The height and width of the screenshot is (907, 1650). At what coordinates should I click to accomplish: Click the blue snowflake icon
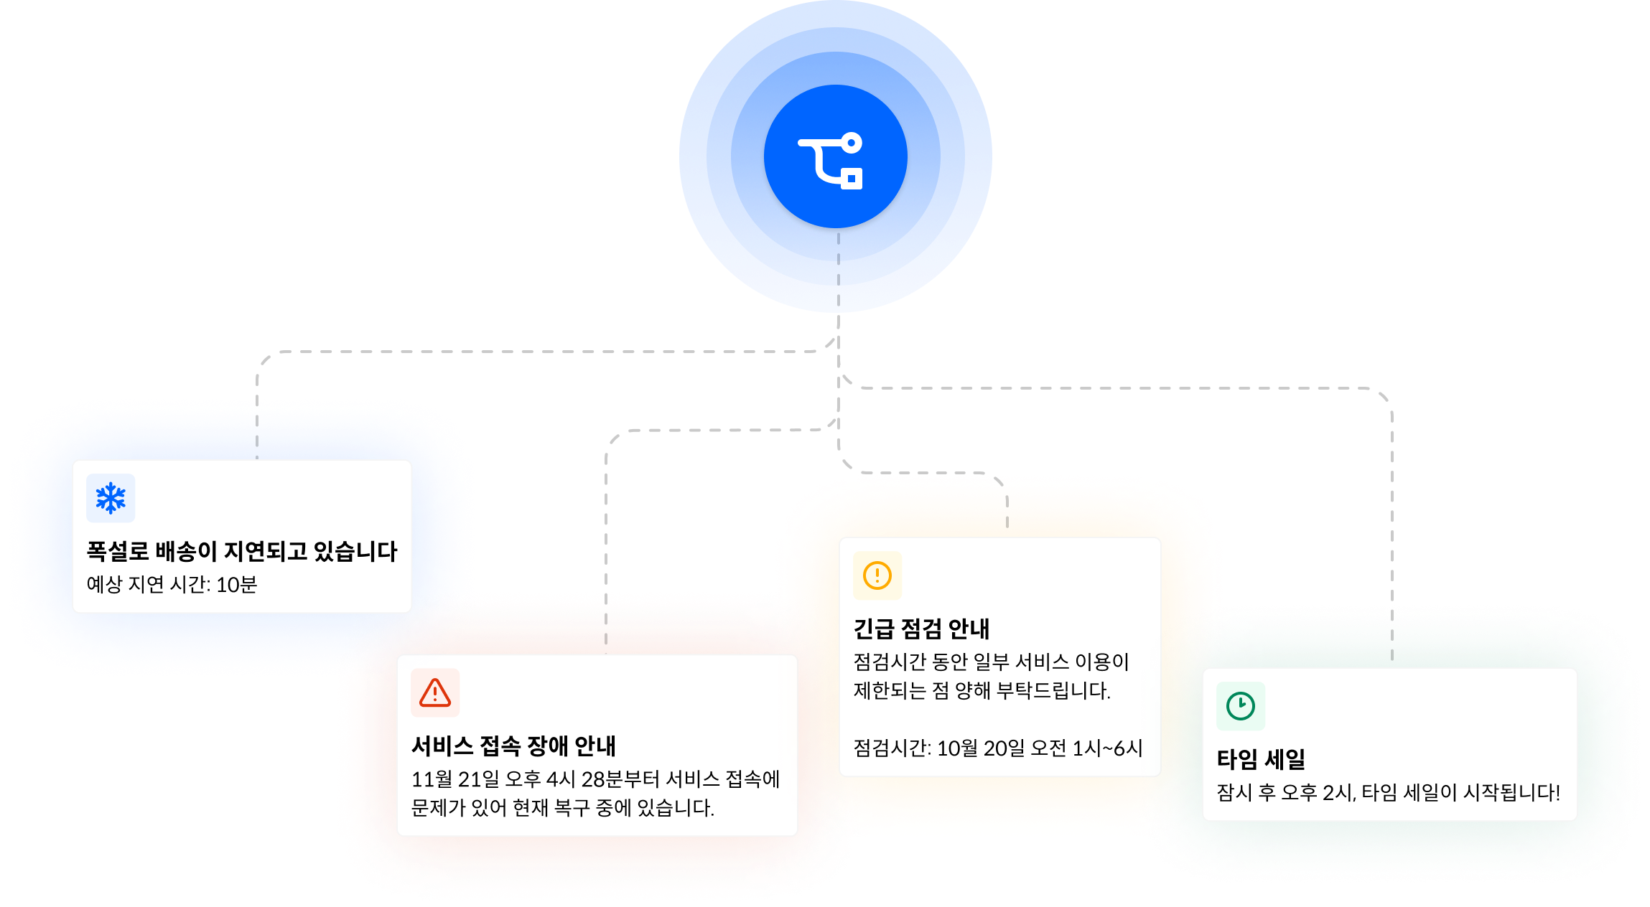111,498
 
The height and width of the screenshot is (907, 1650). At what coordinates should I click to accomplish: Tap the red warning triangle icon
435,693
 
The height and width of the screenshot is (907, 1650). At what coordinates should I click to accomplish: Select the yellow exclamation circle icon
877,575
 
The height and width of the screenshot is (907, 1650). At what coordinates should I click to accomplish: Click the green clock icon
1241,706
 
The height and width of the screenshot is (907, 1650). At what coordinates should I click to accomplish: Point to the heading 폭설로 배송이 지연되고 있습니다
242,551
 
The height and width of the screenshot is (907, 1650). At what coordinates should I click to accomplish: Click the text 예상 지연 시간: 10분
172,585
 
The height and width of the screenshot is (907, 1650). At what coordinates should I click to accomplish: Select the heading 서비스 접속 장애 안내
513,746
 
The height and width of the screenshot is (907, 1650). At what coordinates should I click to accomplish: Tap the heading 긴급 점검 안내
921,629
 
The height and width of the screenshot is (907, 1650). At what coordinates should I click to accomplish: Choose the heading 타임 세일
1261,759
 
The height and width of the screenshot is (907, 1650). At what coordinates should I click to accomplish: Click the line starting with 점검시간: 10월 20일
997,748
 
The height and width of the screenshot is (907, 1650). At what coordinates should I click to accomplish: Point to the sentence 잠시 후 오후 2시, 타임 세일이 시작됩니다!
1388,793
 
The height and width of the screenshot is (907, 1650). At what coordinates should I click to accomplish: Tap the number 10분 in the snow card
236,585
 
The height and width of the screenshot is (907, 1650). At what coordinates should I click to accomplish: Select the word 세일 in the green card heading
1285,759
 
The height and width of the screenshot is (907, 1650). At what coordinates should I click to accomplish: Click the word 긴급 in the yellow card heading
873,629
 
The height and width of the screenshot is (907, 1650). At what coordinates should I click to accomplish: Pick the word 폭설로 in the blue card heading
118,551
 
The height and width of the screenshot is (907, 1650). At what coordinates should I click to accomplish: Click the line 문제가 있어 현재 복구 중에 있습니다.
562,808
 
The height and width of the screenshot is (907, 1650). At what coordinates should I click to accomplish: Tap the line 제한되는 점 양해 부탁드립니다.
982,691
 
